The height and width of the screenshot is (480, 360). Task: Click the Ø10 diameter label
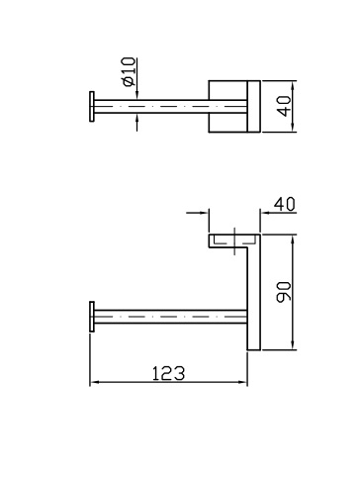129,71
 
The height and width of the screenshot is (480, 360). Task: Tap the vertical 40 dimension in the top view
284,106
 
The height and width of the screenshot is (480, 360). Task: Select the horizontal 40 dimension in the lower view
285,205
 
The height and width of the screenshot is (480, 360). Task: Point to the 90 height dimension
284,292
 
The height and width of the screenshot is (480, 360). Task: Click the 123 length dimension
168,373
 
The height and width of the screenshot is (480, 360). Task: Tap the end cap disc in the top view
92,107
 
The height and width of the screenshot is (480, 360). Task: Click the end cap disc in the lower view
92,317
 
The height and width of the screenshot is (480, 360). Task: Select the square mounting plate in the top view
227,106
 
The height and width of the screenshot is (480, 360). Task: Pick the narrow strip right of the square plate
254,106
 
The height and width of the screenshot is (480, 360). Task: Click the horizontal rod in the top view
170,107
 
